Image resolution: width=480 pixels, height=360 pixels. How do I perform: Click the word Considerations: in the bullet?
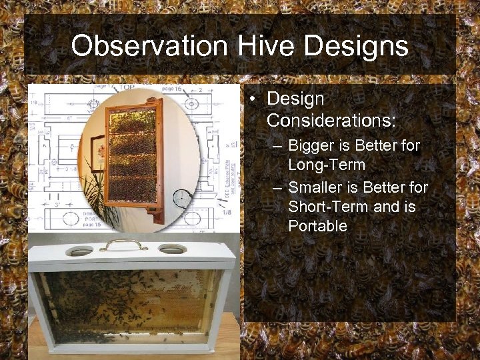coord(331,121)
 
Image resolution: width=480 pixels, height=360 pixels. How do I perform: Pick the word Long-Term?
coord(327,164)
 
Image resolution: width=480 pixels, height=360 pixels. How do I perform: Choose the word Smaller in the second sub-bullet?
coord(317,188)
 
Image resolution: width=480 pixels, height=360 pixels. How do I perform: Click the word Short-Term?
coord(328,207)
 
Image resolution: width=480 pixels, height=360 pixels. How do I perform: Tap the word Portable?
coord(317,226)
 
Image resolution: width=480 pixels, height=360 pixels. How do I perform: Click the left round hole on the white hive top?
coord(80,251)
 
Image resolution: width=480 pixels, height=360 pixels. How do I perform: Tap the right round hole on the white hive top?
coord(173,249)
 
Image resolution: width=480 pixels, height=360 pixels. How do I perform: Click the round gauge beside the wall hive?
coord(181,198)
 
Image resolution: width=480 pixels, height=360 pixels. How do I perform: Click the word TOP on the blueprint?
coord(126,88)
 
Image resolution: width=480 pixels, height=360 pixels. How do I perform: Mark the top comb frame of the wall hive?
coord(132,121)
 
